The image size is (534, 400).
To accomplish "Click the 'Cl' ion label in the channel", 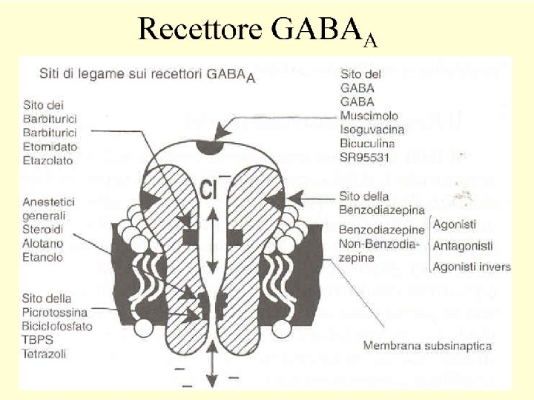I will [210, 192].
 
